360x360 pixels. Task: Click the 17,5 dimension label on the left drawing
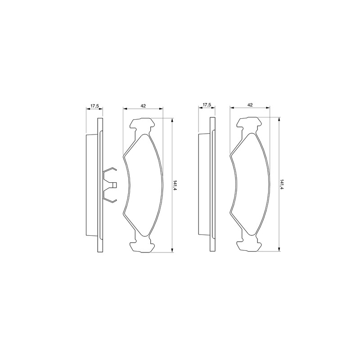[94, 106]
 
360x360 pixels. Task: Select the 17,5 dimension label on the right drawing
[207, 105]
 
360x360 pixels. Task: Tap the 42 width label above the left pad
[143, 106]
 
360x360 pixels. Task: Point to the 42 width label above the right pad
[250, 105]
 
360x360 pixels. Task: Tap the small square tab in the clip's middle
[114, 185]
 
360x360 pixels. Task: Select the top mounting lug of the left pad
[142, 126]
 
